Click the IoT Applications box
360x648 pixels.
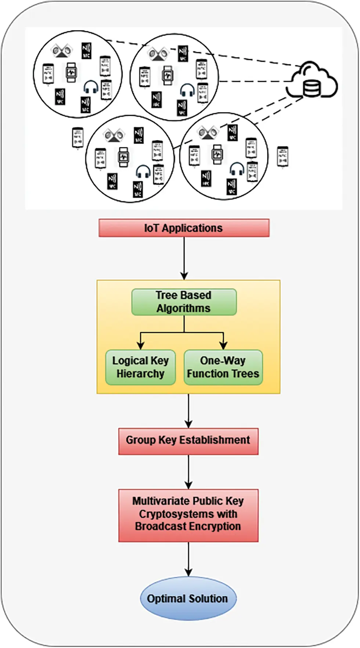(184, 228)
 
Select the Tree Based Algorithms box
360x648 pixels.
(184, 302)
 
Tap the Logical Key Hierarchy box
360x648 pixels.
(140, 367)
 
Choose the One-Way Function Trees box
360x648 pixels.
(223, 367)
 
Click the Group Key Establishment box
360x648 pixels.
(188, 441)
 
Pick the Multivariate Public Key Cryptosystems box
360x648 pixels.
(188, 515)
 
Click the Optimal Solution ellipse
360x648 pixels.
(188, 598)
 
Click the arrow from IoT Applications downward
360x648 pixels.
(184, 257)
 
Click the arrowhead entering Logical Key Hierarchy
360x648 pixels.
(140, 345)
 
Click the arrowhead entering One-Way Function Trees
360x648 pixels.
(223, 345)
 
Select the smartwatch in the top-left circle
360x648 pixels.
(71, 72)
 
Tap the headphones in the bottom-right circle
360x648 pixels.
(237, 169)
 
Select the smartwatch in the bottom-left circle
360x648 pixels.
(123, 157)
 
